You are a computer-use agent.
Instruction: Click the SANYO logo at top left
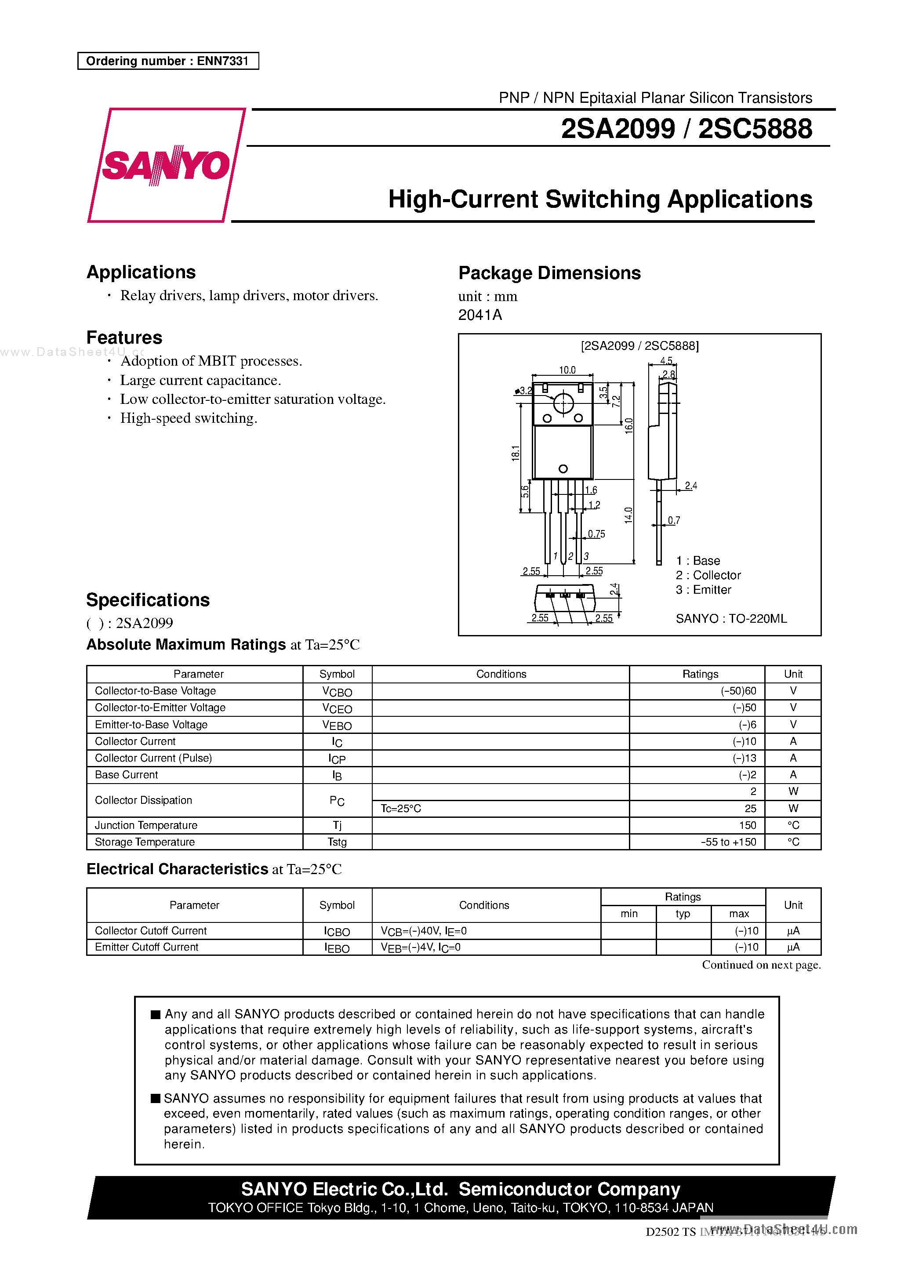(x=166, y=165)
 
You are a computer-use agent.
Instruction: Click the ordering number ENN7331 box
(x=168, y=61)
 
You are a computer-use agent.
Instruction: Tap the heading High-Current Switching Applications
(x=599, y=200)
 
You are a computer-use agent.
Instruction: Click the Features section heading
(x=124, y=338)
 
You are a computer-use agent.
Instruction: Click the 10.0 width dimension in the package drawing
(x=567, y=370)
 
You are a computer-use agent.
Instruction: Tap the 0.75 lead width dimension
(x=596, y=534)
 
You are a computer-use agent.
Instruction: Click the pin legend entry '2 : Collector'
(x=708, y=575)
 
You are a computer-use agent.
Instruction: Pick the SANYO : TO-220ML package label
(x=730, y=618)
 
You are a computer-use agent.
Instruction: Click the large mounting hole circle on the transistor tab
(x=563, y=403)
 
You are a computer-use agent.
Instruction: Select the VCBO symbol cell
(x=337, y=692)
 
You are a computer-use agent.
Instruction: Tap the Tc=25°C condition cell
(x=401, y=809)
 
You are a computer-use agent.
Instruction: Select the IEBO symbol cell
(x=337, y=948)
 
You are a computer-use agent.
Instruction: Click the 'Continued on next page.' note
(x=761, y=965)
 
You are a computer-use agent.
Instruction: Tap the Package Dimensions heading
(x=549, y=273)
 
